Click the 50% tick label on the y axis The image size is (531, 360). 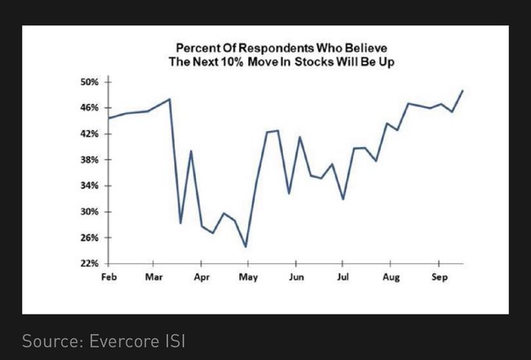87,81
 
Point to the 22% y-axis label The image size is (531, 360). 87,263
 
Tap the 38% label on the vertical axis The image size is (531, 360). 87,159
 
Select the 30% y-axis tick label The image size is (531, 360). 87,212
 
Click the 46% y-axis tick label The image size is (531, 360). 87,107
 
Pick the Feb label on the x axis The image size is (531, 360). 109,277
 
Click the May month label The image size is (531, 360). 248,277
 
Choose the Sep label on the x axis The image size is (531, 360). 438,277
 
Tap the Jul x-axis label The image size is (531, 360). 342,277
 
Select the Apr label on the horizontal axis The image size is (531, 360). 201,277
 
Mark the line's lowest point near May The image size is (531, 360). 246,247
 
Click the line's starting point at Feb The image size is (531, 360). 109,118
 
